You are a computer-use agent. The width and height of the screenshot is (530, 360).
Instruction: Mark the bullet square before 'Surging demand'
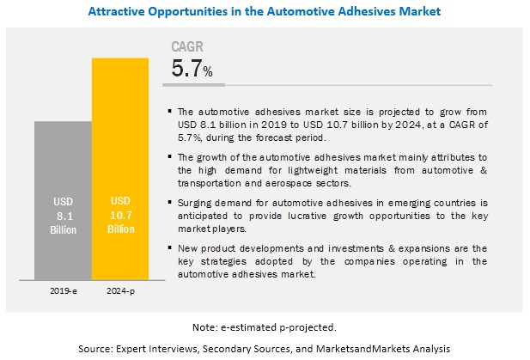pos(169,202)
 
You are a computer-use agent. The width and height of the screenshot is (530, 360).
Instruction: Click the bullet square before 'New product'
pos(169,248)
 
